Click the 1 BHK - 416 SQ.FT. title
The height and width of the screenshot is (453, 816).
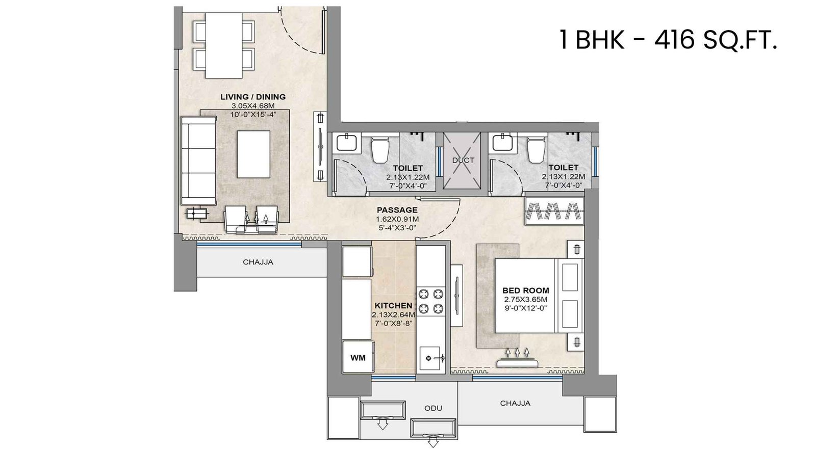click(667, 40)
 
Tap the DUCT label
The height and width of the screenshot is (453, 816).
click(463, 160)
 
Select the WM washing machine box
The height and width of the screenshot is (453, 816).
click(358, 358)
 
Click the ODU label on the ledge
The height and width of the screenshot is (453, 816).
click(433, 408)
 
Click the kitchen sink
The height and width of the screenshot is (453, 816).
click(431, 357)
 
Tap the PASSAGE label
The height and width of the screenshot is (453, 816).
click(397, 210)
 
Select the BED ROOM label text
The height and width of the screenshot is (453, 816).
click(526, 290)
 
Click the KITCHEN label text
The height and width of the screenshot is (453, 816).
click(393, 305)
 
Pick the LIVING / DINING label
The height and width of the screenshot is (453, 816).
click(253, 97)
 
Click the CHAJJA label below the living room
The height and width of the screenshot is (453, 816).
click(258, 262)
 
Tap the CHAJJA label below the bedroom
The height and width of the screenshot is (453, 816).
click(515, 403)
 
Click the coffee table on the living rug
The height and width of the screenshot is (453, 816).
click(253, 154)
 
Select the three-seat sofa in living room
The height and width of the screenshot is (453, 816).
click(198, 161)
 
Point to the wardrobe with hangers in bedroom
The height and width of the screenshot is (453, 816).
click(554, 210)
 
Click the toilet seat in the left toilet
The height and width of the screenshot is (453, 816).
click(379, 149)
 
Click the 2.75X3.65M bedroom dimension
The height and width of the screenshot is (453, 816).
click(526, 300)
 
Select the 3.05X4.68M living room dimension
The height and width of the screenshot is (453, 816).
click(253, 105)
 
